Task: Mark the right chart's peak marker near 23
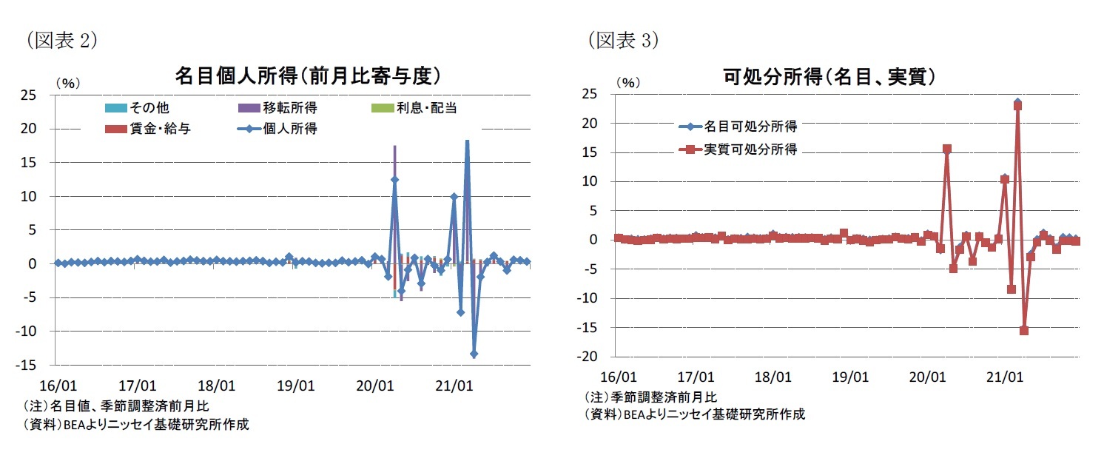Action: (1017, 105)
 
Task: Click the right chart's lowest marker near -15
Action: (1024, 331)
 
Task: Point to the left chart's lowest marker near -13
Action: (474, 354)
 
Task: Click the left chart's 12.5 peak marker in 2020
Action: (394, 179)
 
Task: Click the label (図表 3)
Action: (624, 41)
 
